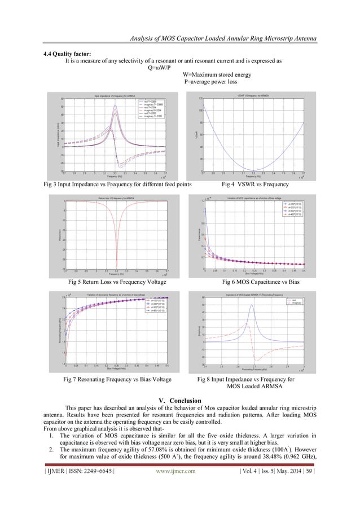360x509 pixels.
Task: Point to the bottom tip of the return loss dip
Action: (116, 268)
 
